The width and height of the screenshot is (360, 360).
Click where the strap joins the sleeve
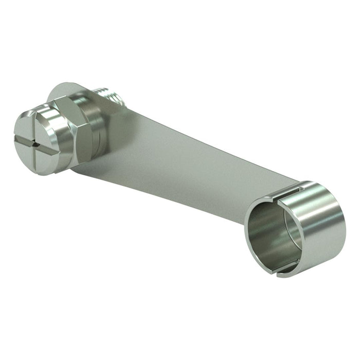pyautogui.click(x=273, y=193)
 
